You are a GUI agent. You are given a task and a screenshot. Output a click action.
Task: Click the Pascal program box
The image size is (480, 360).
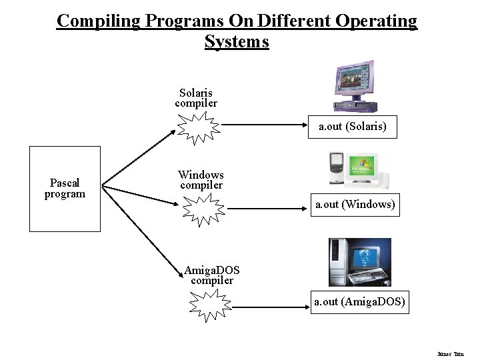(65, 188)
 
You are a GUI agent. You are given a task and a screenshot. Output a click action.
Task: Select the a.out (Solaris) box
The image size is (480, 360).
(353, 125)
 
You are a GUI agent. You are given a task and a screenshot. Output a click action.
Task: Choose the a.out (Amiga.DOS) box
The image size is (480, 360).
(359, 302)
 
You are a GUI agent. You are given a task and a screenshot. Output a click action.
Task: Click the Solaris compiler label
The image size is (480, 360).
(196, 98)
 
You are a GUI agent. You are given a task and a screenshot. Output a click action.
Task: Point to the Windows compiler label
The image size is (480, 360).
(201, 179)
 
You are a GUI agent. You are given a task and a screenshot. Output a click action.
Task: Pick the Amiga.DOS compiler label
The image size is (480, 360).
(212, 275)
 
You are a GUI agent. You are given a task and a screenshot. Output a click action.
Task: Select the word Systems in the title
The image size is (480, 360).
(237, 42)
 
